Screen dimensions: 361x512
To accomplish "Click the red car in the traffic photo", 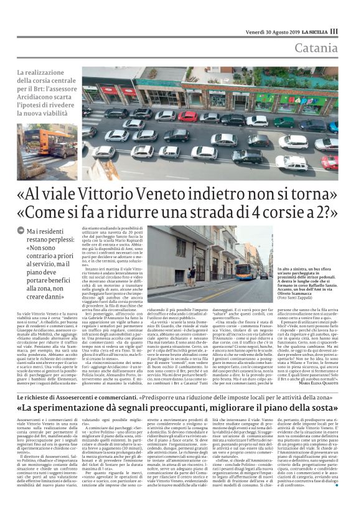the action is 187,116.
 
